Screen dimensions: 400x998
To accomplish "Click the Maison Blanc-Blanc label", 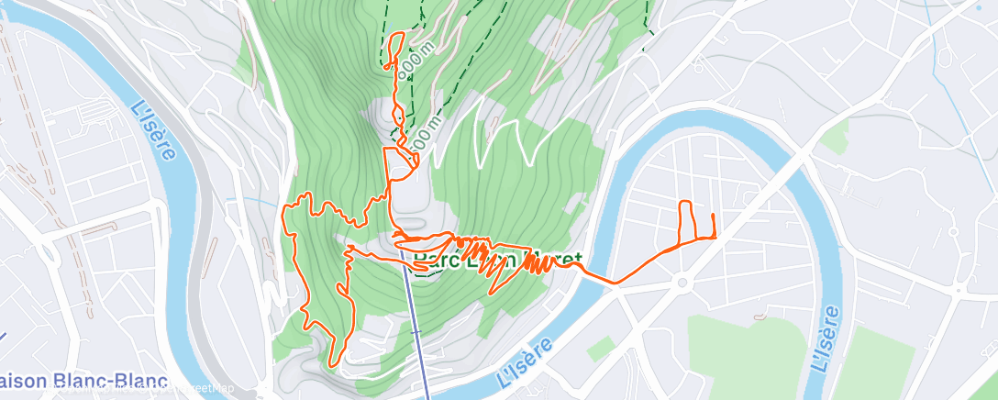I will (x=83, y=380).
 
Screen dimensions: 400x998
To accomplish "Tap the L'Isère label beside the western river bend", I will (x=151, y=129).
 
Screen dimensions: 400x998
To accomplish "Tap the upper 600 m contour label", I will (x=409, y=61).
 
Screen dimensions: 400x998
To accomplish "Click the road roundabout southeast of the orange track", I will (x=682, y=283).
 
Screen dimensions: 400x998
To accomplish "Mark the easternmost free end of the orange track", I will (x=713, y=215).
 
